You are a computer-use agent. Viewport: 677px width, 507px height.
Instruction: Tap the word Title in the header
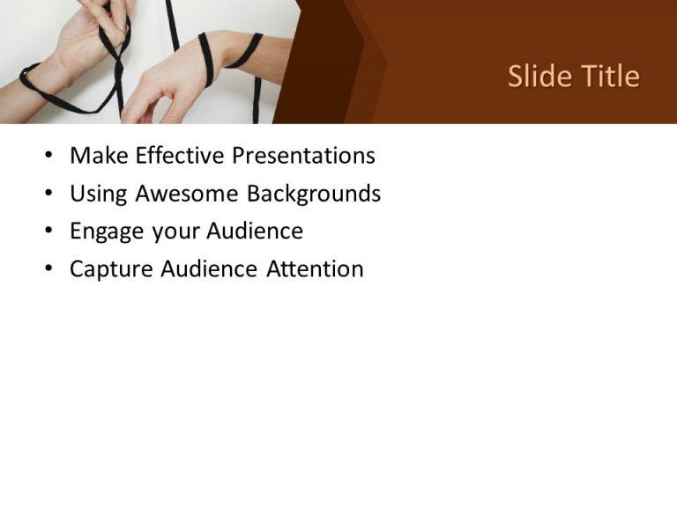pyautogui.click(x=607, y=77)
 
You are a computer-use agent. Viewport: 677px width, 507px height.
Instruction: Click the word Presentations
pyautogui.click(x=303, y=156)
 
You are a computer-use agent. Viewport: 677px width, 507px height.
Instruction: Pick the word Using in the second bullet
pyautogui.click(x=97, y=194)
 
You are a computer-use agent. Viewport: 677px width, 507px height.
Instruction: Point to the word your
pyautogui.click(x=176, y=232)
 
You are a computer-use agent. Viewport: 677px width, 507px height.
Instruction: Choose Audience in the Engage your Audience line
pyautogui.click(x=255, y=231)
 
